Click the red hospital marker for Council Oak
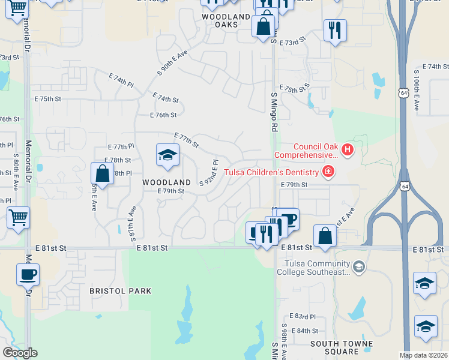pos(346,149)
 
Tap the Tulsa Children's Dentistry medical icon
pos(328,173)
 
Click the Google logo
pos(19,353)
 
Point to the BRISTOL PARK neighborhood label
pos(120,291)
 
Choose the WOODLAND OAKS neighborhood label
pos(226,20)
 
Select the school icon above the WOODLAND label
pos(167,155)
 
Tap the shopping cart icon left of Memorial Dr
pos(18,217)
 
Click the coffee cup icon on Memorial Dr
pos(28,274)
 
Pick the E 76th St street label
pos(163,115)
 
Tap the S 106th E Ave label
pos(416,90)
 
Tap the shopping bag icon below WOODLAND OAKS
pos(263,26)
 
